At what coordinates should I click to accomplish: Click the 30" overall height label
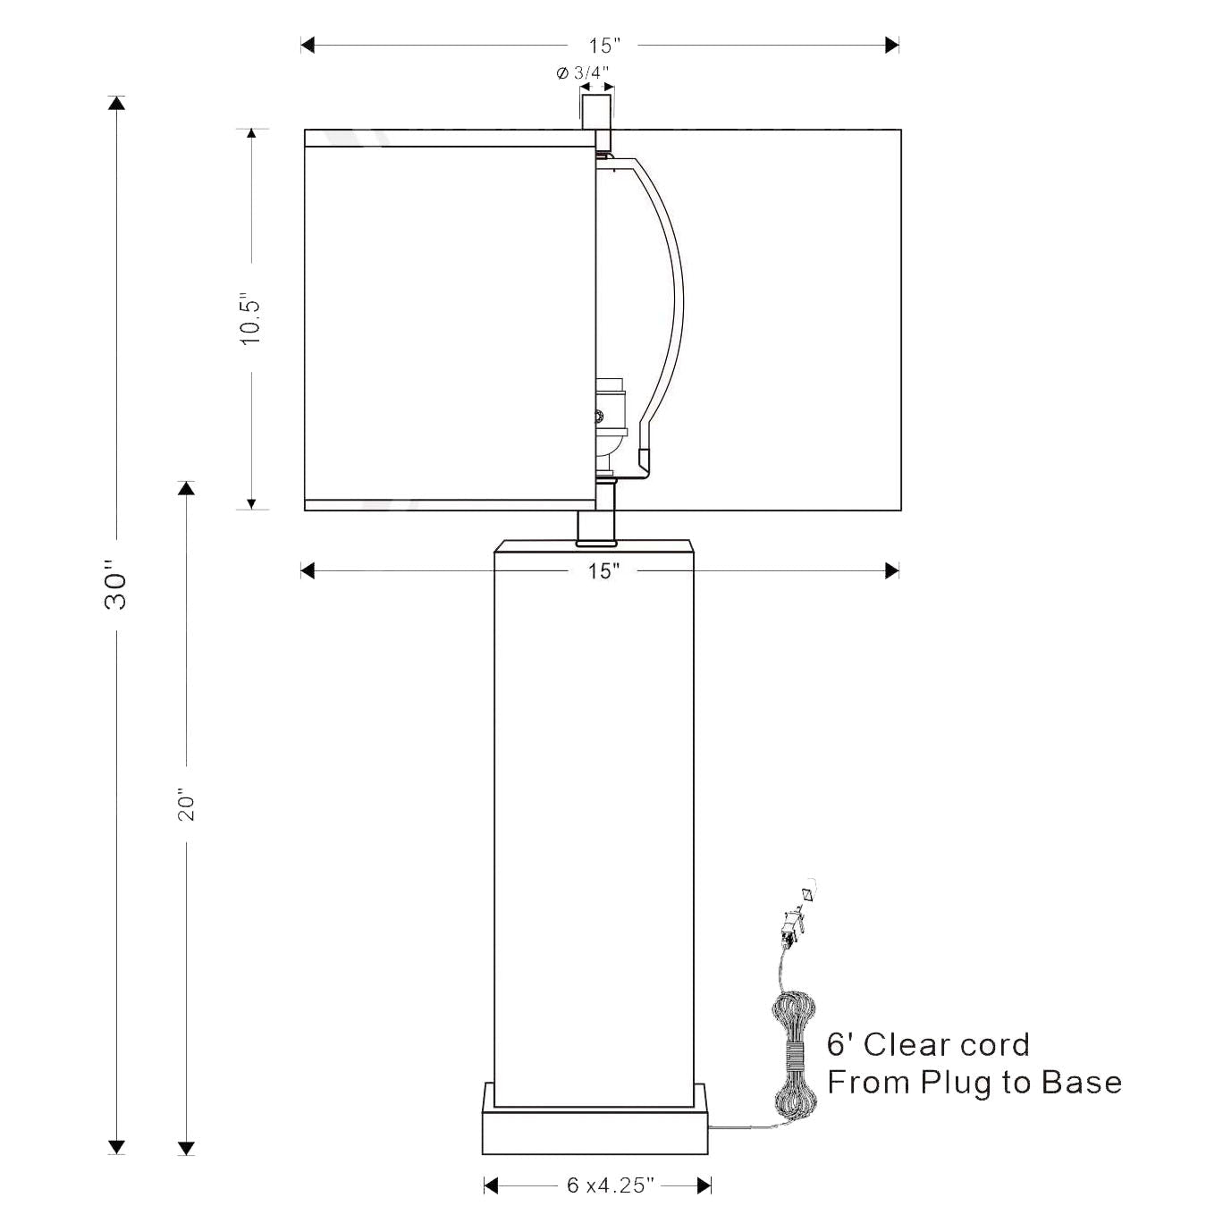116,586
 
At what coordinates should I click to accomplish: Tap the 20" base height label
186,805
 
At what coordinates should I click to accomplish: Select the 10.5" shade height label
251,318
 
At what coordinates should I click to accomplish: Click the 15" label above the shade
603,46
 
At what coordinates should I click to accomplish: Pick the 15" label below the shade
603,571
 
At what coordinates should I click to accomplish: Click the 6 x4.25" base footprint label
611,1185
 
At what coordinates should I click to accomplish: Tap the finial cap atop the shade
597,111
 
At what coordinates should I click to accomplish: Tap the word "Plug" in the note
956,1083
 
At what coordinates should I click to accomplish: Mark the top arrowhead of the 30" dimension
116,103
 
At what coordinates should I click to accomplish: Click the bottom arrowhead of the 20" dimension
186,1148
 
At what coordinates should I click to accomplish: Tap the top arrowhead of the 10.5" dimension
251,135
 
